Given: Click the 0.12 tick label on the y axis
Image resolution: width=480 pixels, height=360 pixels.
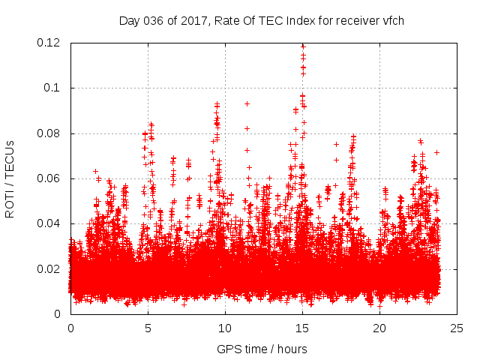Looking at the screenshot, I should [x=49, y=43].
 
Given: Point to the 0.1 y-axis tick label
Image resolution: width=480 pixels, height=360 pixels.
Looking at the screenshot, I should [x=54, y=88].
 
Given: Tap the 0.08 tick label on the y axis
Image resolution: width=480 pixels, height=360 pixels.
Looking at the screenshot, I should [x=49, y=133].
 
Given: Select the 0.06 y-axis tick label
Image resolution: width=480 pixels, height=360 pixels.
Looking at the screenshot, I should [x=49, y=178].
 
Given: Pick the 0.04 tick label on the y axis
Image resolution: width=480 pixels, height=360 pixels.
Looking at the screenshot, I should [x=49, y=223].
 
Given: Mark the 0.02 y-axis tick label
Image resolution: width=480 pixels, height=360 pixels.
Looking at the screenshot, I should [x=49, y=268].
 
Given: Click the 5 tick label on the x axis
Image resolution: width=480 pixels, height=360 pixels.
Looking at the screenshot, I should [x=148, y=328].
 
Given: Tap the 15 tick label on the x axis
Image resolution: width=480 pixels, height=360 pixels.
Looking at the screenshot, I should [x=302, y=328].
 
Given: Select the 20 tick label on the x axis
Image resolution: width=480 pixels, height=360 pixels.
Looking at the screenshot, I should [x=379, y=328].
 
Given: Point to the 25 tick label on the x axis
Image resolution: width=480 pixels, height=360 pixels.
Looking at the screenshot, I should [x=457, y=328].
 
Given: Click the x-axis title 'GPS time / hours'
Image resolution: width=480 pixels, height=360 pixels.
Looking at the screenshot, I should [x=262, y=349].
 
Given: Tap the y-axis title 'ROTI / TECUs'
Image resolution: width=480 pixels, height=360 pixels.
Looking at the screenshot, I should [x=10, y=178].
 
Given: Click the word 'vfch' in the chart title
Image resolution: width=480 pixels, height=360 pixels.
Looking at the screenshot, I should [x=392, y=20].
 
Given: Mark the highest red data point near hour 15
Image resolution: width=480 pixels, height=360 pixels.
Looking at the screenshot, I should [x=303, y=46].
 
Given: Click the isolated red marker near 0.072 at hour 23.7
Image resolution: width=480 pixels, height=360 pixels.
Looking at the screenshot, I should [x=436, y=152].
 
